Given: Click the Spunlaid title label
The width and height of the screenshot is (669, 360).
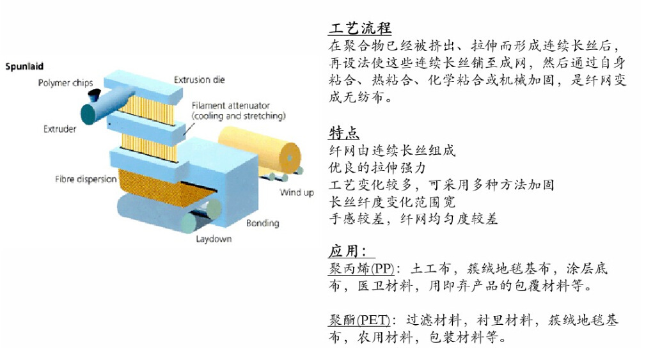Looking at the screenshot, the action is click(x=24, y=66).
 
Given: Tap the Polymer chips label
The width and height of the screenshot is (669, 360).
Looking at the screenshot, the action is click(x=65, y=82).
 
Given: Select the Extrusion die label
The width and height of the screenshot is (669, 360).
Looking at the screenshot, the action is click(x=200, y=79).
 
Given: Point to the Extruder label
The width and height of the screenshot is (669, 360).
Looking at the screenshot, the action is click(x=59, y=129).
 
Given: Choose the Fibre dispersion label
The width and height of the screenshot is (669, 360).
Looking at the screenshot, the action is click(x=86, y=179).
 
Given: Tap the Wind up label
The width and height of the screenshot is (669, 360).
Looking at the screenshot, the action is click(x=297, y=192).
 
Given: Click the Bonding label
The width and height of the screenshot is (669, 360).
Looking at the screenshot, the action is click(x=262, y=223).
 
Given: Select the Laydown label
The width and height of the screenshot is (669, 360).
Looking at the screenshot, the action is click(x=214, y=239).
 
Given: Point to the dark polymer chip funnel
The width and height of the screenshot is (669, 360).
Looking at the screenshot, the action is click(x=94, y=95).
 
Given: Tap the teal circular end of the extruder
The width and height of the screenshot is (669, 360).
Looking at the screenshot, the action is click(x=90, y=114).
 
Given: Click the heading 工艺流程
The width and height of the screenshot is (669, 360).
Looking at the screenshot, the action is click(x=360, y=28).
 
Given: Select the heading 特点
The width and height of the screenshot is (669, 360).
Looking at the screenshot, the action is click(x=344, y=132).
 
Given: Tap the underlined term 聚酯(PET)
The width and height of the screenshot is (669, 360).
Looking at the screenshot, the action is click(x=359, y=320).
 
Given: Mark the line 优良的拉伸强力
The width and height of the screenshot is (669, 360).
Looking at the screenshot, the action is click(x=377, y=168).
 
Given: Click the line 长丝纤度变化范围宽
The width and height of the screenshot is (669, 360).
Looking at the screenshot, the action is click(x=392, y=202).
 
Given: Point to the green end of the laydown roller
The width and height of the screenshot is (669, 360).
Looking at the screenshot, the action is click(x=190, y=223).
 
